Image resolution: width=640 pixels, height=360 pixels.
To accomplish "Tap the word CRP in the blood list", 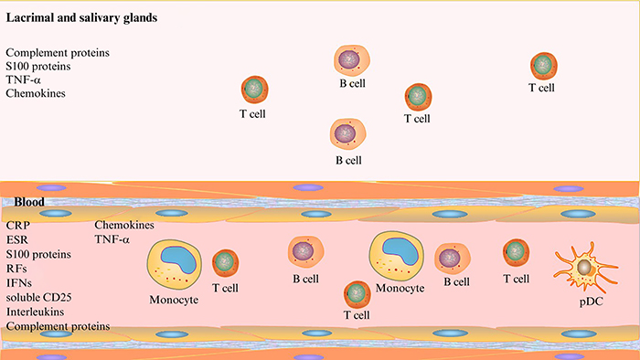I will (17, 225).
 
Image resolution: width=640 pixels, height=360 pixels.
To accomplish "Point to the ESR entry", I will (16, 239).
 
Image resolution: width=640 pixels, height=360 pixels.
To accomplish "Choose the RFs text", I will (16, 269).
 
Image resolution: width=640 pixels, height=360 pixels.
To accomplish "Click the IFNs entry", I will (19, 283).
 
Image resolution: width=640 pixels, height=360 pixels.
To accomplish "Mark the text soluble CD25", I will (37, 298).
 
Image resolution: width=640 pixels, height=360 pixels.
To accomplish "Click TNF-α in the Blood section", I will (112, 239).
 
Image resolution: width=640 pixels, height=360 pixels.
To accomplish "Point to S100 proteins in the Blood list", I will (38, 254).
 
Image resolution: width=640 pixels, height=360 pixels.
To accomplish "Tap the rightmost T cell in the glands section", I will (543, 66).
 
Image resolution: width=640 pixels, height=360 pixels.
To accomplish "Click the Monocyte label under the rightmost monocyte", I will (400, 288).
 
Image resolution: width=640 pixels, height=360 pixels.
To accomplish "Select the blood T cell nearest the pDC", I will (516, 252).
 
